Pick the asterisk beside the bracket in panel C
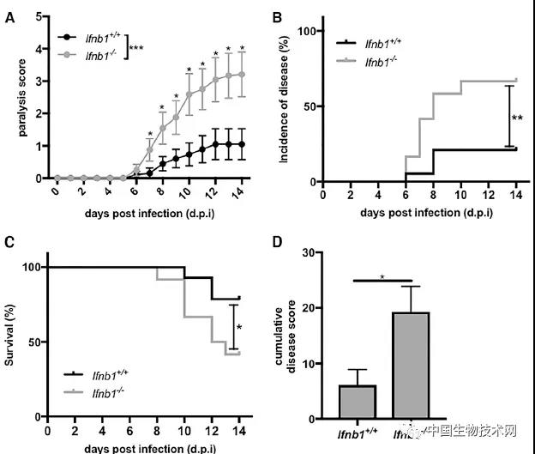239,328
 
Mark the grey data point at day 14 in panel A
243,74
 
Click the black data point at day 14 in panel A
243,144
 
